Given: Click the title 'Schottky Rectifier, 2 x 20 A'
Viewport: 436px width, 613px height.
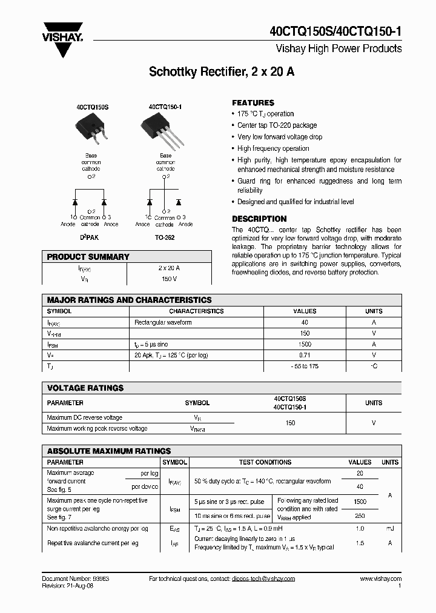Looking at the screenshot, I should (x=222, y=72).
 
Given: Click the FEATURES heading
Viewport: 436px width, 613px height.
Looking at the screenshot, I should (x=253, y=103).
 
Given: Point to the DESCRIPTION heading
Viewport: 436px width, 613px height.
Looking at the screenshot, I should (x=259, y=219).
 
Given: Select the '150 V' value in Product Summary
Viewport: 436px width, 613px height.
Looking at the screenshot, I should (x=169, y=279).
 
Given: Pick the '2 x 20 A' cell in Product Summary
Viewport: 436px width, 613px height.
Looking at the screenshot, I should (x=169, y=268).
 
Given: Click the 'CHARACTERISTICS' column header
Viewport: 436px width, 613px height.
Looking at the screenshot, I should (x=196, y=311).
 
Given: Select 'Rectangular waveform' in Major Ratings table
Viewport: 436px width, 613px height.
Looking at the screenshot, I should (x=163, y=322).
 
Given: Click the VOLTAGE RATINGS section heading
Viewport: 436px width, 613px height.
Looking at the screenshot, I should (x=85, y=388).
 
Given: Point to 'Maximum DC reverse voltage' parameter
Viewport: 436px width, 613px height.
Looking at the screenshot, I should (x=85, y=417).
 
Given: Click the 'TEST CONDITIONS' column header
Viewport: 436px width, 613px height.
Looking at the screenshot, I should (x=265, y=462).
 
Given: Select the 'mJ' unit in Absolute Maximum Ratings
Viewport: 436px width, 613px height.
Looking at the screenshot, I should (x=389, y=529).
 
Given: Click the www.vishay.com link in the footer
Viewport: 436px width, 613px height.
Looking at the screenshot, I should (x=380, y=578).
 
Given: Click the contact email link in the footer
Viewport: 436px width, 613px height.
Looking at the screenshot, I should (x=263, y=578).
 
